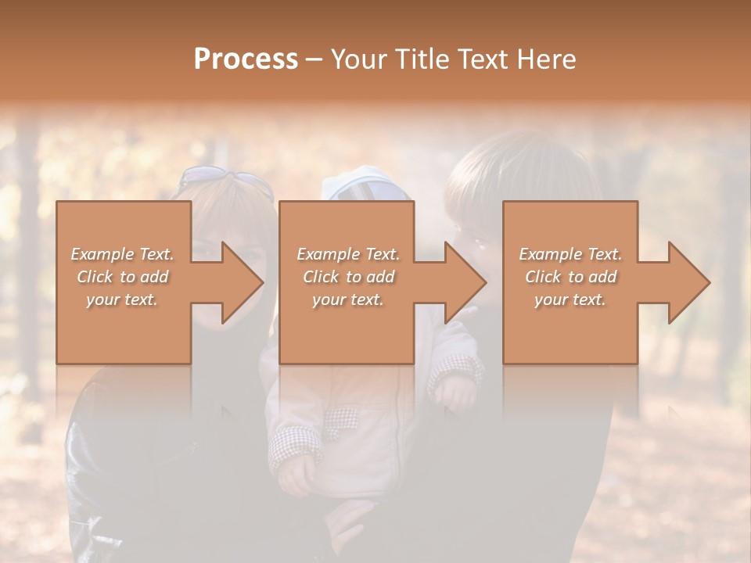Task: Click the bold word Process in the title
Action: pos(246,59)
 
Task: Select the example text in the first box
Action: pos(122,277)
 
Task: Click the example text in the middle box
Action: pos(348,277)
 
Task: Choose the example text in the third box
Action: pos(570,277)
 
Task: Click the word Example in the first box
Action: pos(101,254)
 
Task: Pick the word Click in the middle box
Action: pos(321,277)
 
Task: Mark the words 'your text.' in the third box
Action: pos(570,299)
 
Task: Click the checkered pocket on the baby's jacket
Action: pos(343,422)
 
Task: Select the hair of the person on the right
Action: pos(501,168)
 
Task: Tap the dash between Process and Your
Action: pos(314,59)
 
